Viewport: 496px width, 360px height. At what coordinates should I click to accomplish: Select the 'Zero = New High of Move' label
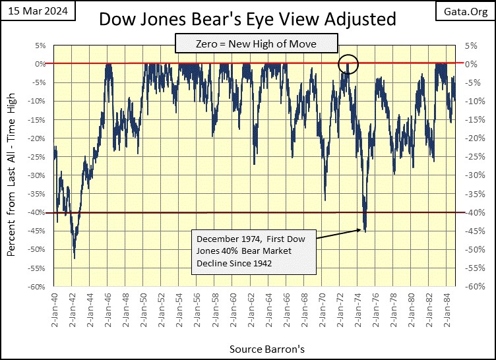[x=256, y=45]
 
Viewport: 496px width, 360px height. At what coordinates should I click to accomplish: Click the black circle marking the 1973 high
[x=348, y=64]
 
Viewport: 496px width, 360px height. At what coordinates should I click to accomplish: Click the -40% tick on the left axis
[x=37, y=212]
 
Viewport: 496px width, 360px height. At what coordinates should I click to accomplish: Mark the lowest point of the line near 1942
[x=74, y=258]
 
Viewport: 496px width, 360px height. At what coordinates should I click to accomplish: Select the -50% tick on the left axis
[x=37, y=250]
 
